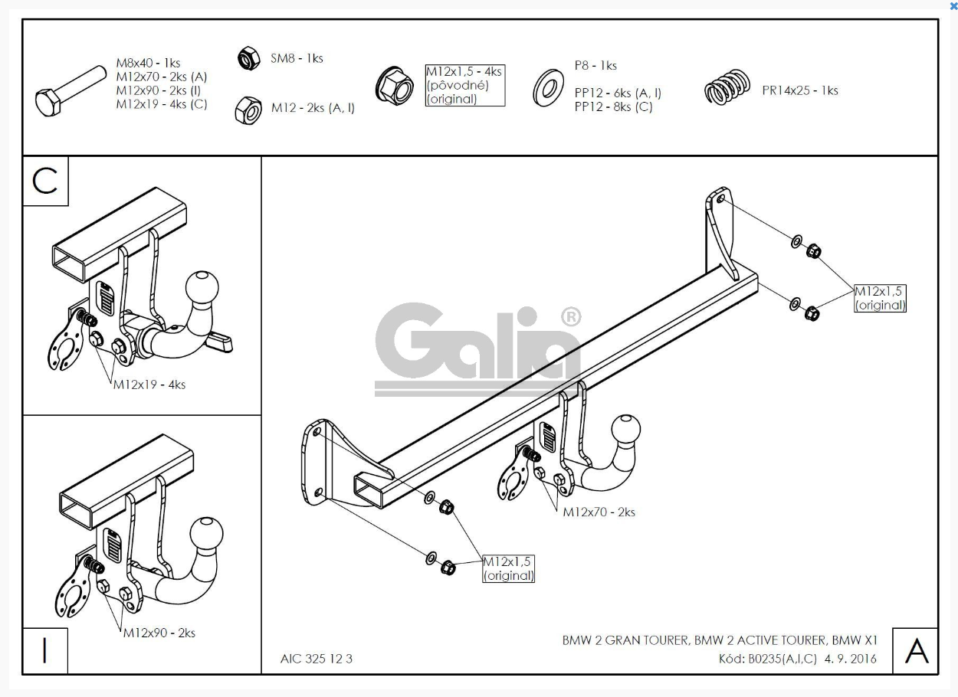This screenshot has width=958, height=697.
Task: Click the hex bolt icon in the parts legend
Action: tap(70, 91)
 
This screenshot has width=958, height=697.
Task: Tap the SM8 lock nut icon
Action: tap(248, 58)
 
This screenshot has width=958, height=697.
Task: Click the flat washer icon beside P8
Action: tap(548, 88)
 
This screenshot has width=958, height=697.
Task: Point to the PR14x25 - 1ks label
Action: tap(800, 90)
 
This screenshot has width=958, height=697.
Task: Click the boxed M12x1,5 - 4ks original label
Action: tap(465, 85)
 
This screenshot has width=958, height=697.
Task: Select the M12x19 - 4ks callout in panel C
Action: tap(149, 384)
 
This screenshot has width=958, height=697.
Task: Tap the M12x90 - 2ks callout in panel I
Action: tap(159, 633)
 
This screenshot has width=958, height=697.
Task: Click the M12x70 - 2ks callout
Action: tap(599, 512)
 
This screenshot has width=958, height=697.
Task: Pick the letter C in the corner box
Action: tap(44, 182)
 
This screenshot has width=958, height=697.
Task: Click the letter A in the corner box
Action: tap(917, 651)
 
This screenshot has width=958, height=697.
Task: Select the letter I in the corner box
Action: tap(44, 650)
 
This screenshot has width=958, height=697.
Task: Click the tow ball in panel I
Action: tap(207, 534)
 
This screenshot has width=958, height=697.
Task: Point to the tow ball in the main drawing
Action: tap(626, 429)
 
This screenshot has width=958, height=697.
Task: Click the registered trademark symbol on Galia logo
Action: tap(571, 317)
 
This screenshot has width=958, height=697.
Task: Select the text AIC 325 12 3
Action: tap(317, 659)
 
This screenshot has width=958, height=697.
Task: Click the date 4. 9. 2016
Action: tap(851, 659)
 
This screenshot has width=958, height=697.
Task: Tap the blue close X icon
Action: tap(953, 6)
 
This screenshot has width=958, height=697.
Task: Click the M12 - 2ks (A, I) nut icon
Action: tap(248, 111)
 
